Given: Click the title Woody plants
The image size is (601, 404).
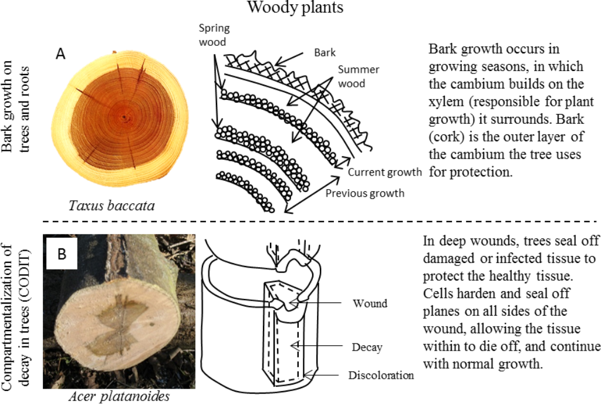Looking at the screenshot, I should pyautogui.click(x=295, y=8).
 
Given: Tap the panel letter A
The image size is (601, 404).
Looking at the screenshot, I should pyautogui.click(x=60, y=54).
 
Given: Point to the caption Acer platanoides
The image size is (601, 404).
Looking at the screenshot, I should pyautogui.click(x=119, y=396).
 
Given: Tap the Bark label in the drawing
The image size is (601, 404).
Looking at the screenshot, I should pyautogui.click(x=325, y=53).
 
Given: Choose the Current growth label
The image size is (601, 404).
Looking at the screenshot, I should pyautogui.click(x=384, y=173).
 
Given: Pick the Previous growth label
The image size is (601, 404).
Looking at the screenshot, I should pyautogui.click(x=364, y=193).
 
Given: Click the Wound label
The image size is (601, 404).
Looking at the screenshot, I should pyautogui.click(x=370, y=304).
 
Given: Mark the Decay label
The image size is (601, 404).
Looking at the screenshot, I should pyautogui.click(x=367, y=348).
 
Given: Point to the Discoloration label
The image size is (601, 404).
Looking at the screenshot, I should pyautogui.click(x=381, y=375).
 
